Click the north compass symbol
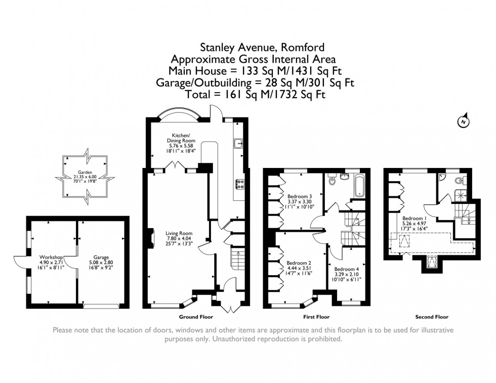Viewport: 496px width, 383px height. coord(464,121)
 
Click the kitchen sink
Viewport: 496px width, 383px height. coord(237,144)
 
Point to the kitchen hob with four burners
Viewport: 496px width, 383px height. coord(239,184)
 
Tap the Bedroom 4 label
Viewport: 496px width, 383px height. coord(346,270)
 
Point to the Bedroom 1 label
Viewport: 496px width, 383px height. coord(412,219)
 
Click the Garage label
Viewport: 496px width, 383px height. coord(101,258)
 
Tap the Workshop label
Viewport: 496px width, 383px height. coord(51,257)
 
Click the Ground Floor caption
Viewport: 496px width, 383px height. coord(196,317)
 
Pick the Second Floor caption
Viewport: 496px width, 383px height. coord(432,317)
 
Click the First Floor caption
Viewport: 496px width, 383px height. coord(316,317)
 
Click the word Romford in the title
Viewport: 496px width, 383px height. coord(303,48)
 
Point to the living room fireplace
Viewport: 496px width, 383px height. coord(152,237)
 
